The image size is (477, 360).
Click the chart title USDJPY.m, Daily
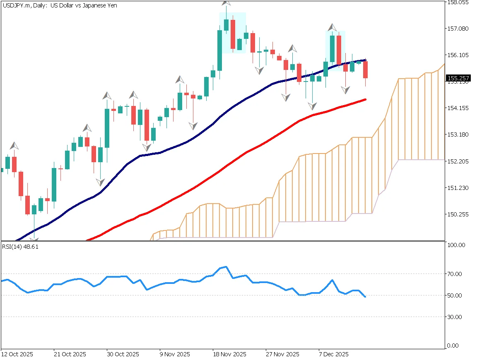[60, 6]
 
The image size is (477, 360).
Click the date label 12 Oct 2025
[17, 355]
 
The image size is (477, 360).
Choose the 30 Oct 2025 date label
[123, 355]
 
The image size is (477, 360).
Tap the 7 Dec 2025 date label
[334, 355]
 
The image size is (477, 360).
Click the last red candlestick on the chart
[366, 70]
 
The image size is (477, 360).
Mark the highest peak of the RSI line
[226, 266]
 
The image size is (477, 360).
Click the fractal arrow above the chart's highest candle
[226, 2]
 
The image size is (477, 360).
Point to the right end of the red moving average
[365, 99]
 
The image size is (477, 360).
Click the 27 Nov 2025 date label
[282, 355]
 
